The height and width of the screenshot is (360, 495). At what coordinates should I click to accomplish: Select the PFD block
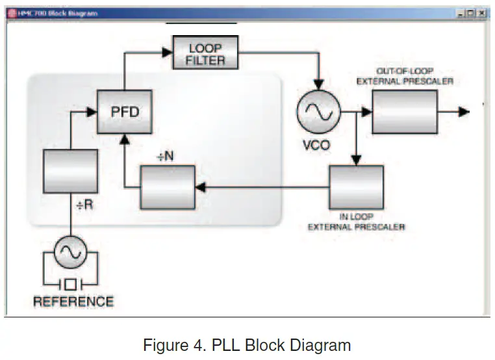[x=124, y=112]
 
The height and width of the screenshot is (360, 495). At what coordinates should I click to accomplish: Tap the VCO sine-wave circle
[x=318, y=112]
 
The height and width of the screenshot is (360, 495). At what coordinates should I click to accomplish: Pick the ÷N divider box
[x=168, y=187]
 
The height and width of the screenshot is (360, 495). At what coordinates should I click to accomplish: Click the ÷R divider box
[x=70, y=171]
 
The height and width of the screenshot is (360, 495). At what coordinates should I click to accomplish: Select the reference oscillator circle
[x=70, y=252]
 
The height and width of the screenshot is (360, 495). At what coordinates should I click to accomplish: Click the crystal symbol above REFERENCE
[x=70, y=283]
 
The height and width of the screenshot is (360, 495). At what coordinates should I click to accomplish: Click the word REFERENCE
[x=73, y=302]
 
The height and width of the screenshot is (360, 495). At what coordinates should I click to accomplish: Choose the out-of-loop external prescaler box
[x=404, y=112]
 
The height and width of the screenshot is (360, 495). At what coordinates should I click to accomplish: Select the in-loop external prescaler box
[x=355, y=187]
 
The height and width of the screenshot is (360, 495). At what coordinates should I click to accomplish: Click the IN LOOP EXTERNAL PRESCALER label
[x=356, y=222]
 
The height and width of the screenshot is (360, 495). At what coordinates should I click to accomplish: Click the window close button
[x=481, y=13]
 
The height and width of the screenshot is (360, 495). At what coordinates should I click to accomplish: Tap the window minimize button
[x=461, y=13]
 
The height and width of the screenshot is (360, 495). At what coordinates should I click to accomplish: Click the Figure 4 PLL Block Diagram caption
[x=247, y=344]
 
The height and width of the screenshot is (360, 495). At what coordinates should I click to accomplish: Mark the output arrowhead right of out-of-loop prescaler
[x=463, y=112]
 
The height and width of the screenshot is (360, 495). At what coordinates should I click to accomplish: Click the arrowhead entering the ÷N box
[x=200, y=187]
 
